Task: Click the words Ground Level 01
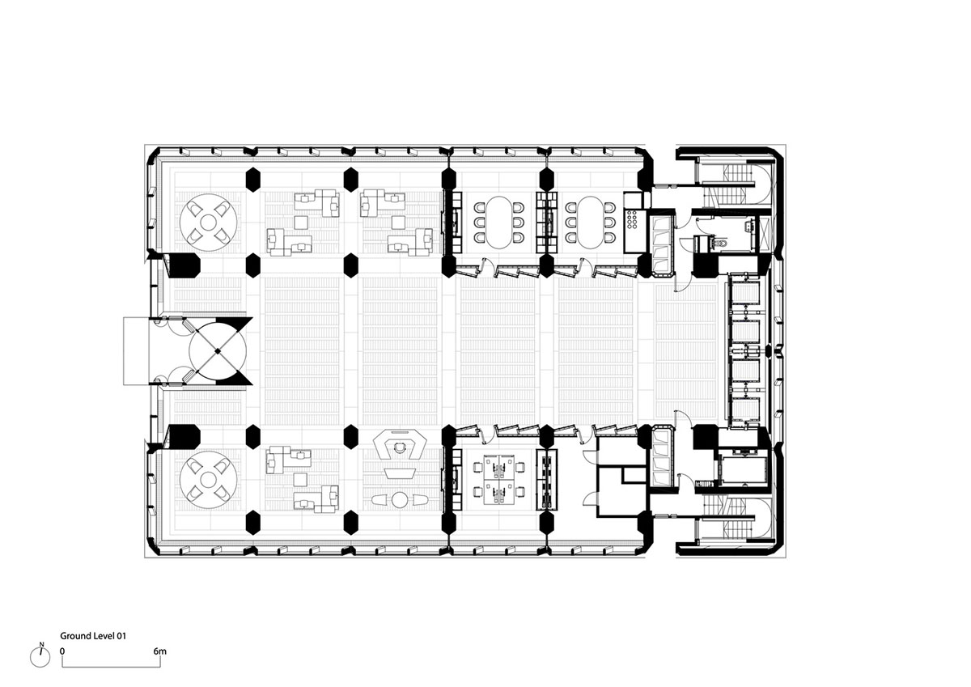(93, 636)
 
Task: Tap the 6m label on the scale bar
(159, 651)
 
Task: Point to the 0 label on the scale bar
(62, 651)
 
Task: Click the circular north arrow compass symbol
(40, 658)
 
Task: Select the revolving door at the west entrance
(218, 351)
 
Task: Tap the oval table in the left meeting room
(499, 223)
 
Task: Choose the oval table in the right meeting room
(590, 223)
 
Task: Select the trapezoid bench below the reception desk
(399, 473)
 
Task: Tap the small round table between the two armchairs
(399, 500)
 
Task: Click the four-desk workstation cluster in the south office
(498, 479)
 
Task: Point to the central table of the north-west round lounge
(209, 222)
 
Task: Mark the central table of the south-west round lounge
(209, 480)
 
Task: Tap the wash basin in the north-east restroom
(749, 226)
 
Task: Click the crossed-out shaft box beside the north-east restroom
(763, 235)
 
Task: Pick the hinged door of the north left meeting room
(486, 265)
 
